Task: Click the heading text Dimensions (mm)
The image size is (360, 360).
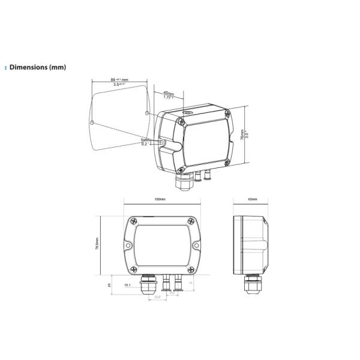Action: pyautogui.click(x=37, y=67)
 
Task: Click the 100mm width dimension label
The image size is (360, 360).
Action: pyautogui.click(x=160, y=198)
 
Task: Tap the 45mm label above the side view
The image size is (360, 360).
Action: pyautogui.click(x=253, y=198)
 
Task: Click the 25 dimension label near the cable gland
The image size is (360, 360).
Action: pyautogui.click(x=109, y=284)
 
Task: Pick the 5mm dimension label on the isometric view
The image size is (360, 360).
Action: pyautogui.click(x=145, y=140)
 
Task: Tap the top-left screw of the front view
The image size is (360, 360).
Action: pyautogui.click(x=131, y=221)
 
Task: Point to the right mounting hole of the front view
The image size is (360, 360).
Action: pyautogui.click(x=194, y=245)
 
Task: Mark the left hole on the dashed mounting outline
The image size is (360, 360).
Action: pyautogui.click(x=91, y=122)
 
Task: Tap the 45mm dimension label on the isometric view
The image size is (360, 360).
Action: pyautogui.click(x=169, y=94)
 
